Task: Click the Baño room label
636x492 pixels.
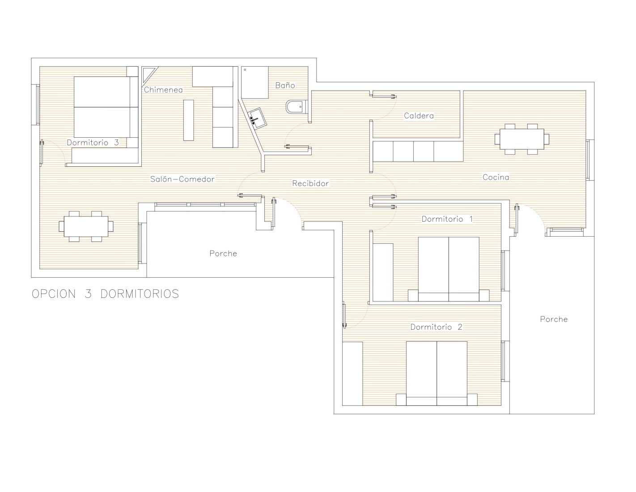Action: click(x=285, y=85)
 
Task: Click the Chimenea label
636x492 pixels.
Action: click(x=163, y=89)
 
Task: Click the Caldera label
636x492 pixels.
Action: click(x=419, y=115)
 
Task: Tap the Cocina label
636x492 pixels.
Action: click(x=496, y=177)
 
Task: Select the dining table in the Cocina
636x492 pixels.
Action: click(x=522, y=139)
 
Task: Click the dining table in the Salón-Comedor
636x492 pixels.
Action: click(x=86, y=226)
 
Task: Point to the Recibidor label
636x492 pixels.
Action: click(x=310, y=183)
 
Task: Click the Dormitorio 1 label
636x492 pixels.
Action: click(x=447, y=219)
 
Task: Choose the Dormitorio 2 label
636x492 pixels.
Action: click(x=436, y=327)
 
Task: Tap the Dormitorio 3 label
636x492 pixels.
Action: click(x=93, y=143)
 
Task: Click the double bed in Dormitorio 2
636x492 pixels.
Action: click(x=437, y=373)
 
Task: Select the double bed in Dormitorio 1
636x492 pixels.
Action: click(x=449, y=269)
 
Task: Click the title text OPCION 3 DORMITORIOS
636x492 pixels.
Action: click(x=106, y=294)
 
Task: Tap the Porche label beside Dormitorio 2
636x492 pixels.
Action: click(x=554, y=319)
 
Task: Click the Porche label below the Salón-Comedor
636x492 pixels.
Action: click(x=223, y=253)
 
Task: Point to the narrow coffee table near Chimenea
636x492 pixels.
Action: click(x=188, y=120)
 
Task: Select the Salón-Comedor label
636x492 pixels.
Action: click(x=182, y=179)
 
